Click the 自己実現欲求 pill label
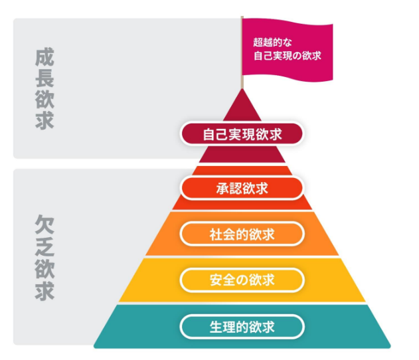(x=242, y=134)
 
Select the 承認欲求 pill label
(x=242, y=188)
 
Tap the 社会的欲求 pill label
(x=242, y=234)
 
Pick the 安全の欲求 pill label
(x=242, y=280)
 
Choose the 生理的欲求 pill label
(x=242, y=327)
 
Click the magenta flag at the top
(x=288, y=50)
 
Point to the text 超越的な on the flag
(x=272, y=43)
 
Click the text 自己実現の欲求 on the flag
(x=288, y=56)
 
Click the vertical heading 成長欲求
(x=44, y=89)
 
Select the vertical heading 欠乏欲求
(x=44, y=257)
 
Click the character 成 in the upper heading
(x=44, y=57)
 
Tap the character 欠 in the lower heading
(x=44, y=224)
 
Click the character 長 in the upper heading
(x=44, y=78)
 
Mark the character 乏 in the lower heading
(x=44, y=246)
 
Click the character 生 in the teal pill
(x=216, y=327)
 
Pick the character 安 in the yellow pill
(x=216, y=280)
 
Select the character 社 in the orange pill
(x=216, y=234)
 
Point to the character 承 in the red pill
(x=222, y=188)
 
